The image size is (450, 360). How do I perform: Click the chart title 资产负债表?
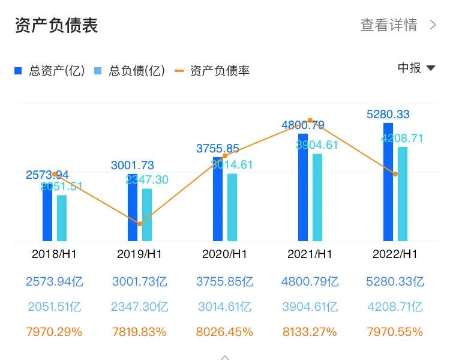[56, 25]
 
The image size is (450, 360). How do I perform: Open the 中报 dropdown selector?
[416, 68]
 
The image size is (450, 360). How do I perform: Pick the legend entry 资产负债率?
[212, 71]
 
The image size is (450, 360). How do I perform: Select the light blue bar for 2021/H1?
[317, 197]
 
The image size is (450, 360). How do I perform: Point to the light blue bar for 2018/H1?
[62, 218]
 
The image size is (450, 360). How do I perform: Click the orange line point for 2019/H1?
[140, 224]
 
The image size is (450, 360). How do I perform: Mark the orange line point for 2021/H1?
[310, 121]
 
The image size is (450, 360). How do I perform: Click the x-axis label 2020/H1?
[224, 254]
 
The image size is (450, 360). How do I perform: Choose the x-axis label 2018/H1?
[54, 254]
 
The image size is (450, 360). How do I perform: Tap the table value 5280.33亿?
[395, 281]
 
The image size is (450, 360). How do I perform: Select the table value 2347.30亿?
[139, 307]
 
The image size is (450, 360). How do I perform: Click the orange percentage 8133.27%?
[310, 332]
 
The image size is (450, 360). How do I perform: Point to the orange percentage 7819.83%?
[139, 332]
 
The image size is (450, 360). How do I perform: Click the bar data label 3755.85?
[218, 149]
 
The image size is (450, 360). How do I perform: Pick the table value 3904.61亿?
[310, 307]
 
